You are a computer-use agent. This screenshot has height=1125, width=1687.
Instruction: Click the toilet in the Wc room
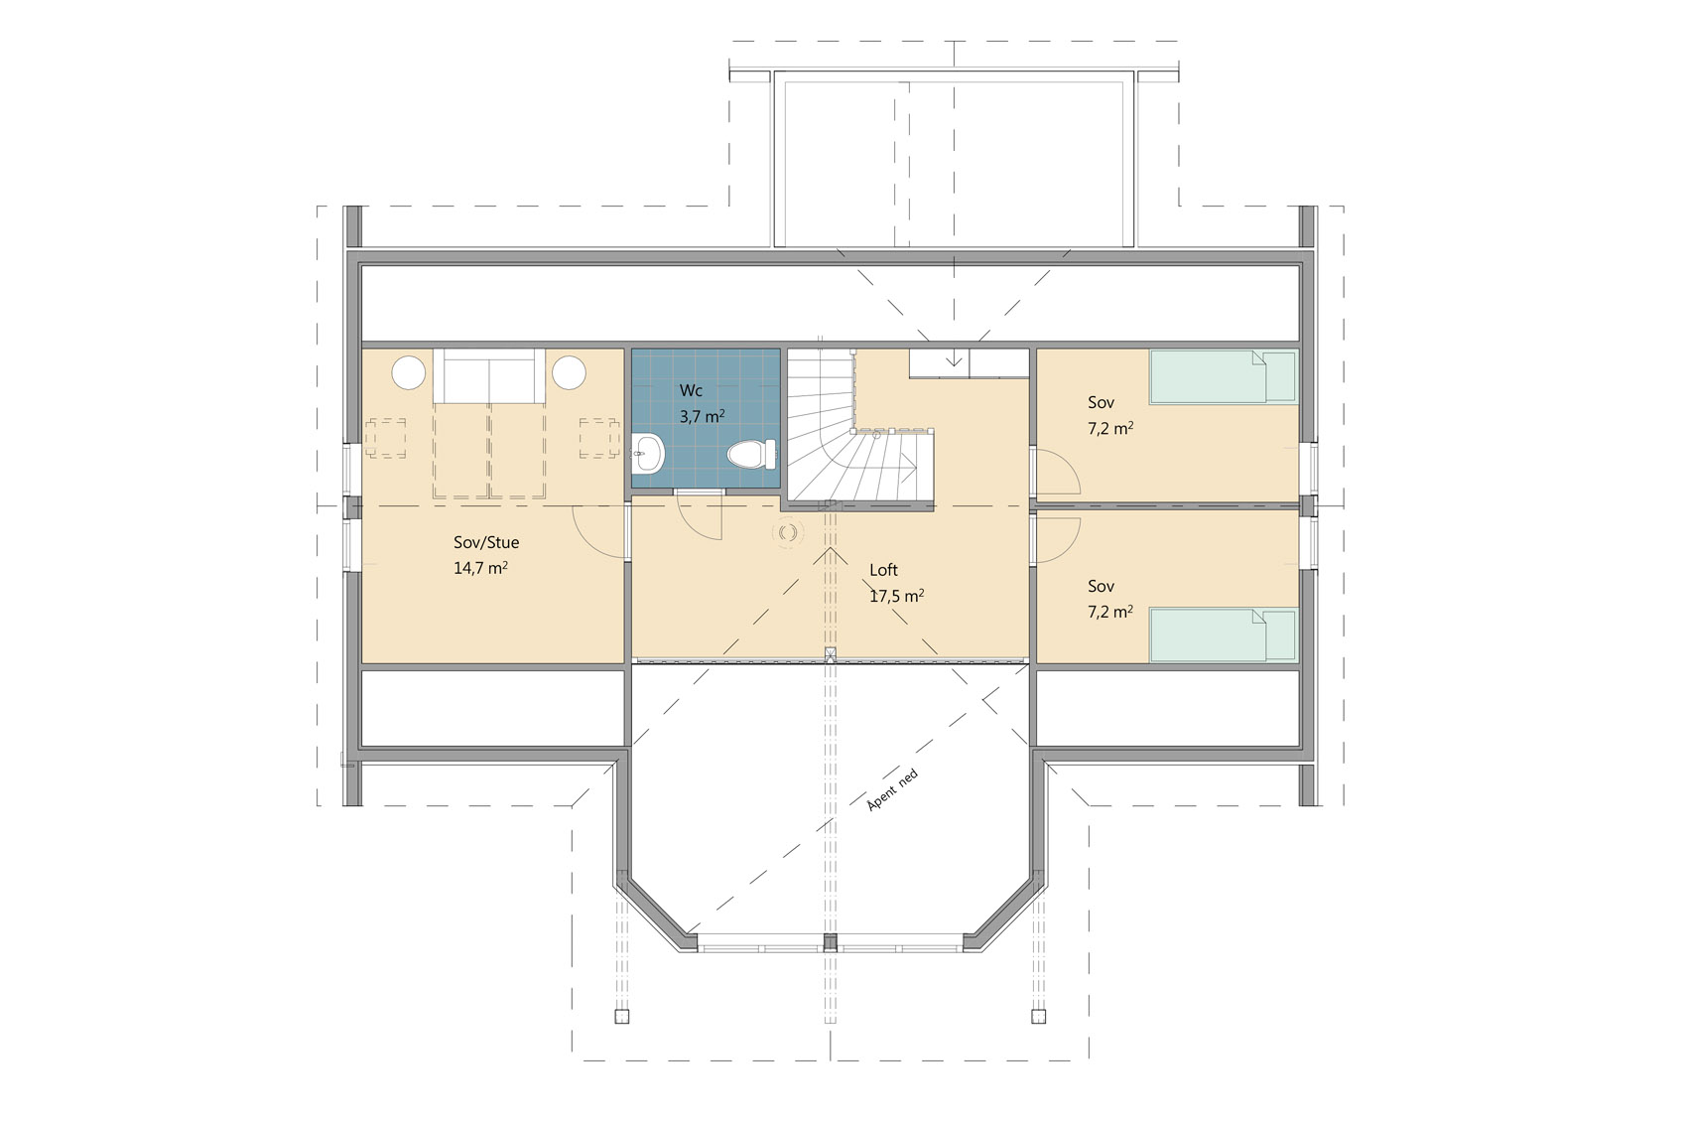[751, 454]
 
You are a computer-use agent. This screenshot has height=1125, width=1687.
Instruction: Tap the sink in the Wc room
[648, 454]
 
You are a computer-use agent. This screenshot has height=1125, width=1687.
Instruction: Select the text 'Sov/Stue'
[486, 542]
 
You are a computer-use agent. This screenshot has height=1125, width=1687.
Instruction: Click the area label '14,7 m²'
[480, 567]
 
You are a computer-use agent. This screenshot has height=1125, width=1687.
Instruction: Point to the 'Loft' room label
[883, 570]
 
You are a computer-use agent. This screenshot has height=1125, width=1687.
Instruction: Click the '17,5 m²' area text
[897, 596]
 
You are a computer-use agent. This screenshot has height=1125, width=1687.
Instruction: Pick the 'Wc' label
[691, 390]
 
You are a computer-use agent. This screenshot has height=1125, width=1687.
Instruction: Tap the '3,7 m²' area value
[702, 415]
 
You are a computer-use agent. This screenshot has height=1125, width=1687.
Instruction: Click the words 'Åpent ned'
[893, 789]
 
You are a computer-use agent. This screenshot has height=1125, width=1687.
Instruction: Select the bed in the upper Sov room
[1223, 376]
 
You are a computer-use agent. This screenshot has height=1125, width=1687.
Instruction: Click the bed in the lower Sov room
[1223, 635]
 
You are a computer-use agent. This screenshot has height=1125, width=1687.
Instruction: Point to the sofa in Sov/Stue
[489, 376]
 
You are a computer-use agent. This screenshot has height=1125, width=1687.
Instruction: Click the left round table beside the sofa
[408, 372]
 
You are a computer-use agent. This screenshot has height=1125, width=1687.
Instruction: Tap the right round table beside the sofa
[569, 372]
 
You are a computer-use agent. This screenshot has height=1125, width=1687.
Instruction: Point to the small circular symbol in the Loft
[788, 533]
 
